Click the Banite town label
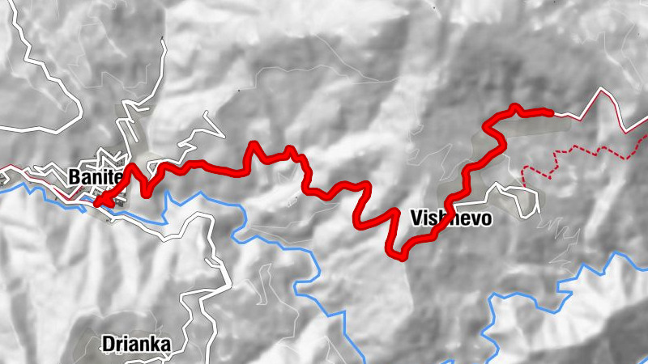tap(95, 176)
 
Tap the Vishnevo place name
tap(451, 218)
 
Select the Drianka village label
tap(136, 345)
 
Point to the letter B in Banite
tap(75, 176)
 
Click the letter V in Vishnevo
tap(417, 218)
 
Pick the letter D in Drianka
tap(108, 345)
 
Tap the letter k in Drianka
tap(156, 345)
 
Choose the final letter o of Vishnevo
tap(486, 218)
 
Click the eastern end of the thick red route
tap(551, 113)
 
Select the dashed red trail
tap(583, 150)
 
